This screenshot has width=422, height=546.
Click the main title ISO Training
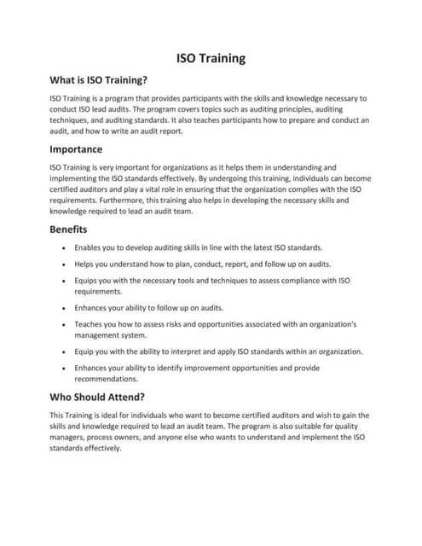(x=211, y=59)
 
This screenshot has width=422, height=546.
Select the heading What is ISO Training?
(x=99, y=81)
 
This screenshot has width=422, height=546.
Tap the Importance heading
(x=76, y=149)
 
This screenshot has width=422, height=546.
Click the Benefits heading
(x=68, y=229)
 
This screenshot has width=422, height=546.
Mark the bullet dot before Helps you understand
(x=65, y=264)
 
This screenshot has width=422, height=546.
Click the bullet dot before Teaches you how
(x=65, y=325)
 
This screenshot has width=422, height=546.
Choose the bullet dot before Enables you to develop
(x=65, y=247)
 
